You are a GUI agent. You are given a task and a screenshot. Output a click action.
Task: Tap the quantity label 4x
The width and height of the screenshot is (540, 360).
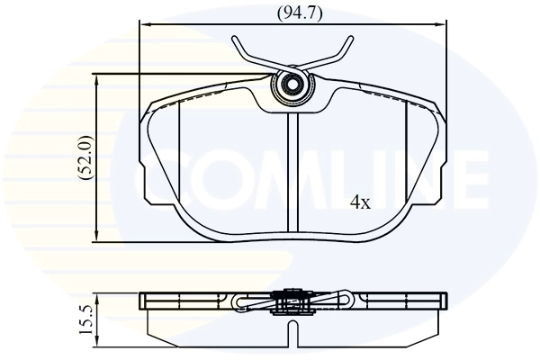[x=360, y=202]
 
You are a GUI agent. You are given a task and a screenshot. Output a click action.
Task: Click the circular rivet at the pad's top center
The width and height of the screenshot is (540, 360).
[x=291, y=86]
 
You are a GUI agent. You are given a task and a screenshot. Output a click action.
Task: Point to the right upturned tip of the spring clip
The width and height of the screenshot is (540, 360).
[x=346, y=40]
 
